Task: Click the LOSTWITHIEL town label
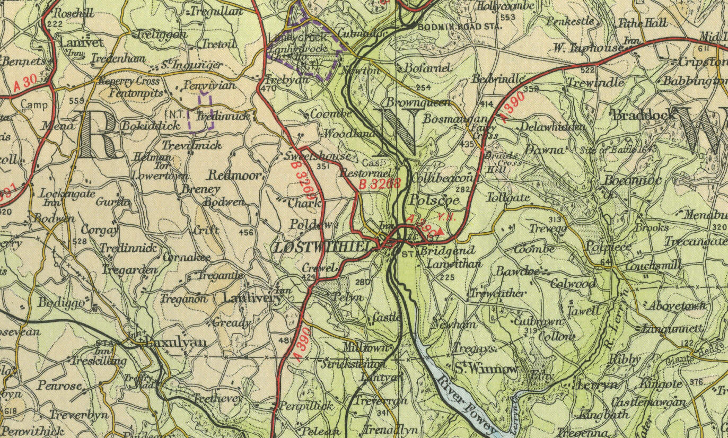click(326, 247)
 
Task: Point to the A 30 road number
click(25, 83)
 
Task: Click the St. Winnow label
click(486, 368)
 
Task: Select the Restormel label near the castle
click(365, 173)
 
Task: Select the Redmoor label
click(234, 176)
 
